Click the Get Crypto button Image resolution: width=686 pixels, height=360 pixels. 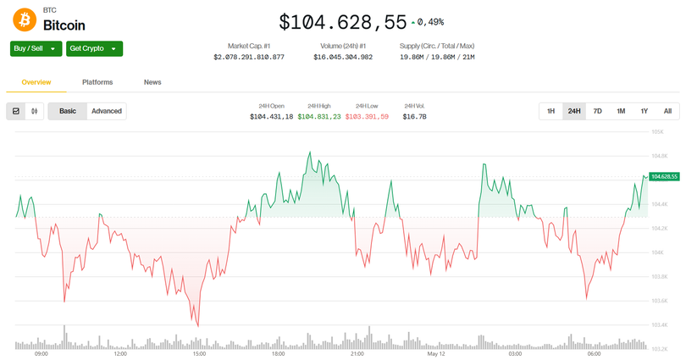(94, 49)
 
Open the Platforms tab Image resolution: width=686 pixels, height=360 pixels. (97, 82)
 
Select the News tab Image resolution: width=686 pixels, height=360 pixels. (152, 82)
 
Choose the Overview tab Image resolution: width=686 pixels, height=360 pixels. (36, 82)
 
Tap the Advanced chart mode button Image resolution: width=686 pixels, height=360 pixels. (107, 111)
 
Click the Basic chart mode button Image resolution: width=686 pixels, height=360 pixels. (68, 111)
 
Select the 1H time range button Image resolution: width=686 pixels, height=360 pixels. (550, 111)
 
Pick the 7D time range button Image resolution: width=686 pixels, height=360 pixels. (597, 111)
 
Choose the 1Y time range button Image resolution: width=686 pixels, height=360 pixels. (644, 111)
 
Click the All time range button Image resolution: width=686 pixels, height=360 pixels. (667, 111)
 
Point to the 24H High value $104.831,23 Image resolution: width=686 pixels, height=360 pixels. (319, 116)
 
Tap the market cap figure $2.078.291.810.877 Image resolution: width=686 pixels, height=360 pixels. (249, 57)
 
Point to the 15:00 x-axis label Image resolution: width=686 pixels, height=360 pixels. (199, 354)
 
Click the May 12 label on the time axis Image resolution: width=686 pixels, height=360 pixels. (436, 354)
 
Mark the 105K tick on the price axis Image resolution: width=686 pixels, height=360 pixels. (656, 132)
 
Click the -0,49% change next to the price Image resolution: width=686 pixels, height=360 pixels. (429, 22)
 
